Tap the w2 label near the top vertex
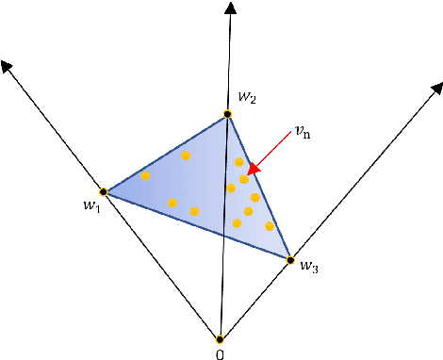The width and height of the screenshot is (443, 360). click(246, 96)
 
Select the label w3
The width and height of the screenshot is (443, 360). click(308, 268)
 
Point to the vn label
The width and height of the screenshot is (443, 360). click(303, 133)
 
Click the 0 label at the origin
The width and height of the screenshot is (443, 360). click(220, 353)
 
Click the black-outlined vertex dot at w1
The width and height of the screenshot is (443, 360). click(104, 192)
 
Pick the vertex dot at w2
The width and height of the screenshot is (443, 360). click(227, 115)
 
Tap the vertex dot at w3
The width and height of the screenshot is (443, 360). click(290, 260)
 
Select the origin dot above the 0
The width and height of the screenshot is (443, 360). click(220, 339)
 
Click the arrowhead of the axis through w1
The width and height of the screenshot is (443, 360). click(8, 67)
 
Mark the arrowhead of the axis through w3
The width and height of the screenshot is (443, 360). click(436, 88)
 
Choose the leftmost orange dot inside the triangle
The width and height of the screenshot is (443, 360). click(145, 175)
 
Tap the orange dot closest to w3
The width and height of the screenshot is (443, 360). click(270, 226)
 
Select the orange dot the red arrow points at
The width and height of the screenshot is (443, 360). click(244, 179)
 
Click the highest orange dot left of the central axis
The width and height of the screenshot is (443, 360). click(186, 155)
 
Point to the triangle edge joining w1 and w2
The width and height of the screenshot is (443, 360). click(165, 154)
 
